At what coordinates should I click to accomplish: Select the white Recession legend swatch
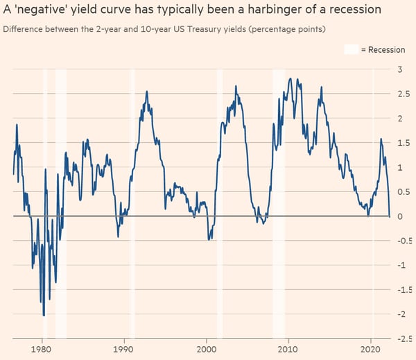352,49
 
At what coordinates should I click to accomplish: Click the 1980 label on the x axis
42,350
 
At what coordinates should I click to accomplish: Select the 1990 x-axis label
124,350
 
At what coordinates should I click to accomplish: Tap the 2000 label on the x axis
207,350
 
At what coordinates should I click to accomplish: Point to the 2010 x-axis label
288,350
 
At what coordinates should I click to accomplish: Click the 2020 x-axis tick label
371,350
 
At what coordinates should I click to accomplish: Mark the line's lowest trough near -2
44,316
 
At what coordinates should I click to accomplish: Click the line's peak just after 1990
146,92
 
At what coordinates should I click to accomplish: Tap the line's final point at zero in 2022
390,216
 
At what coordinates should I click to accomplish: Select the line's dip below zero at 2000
209,240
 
